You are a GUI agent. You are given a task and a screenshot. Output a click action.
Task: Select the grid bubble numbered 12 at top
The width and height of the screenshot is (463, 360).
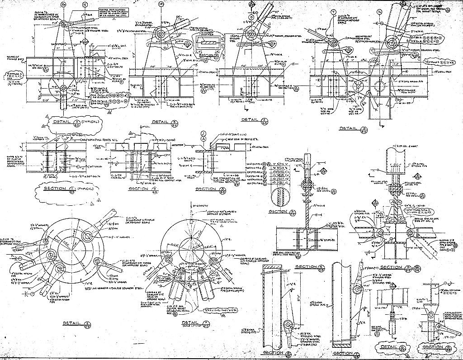85,5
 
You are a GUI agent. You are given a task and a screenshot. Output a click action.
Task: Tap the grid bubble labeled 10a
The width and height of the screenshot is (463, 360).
63,5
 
